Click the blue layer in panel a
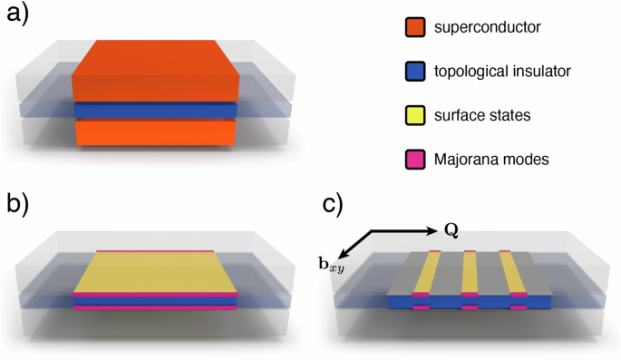[x=156, y=111]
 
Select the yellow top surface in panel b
[x=156, y=272]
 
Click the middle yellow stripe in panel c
[x=469, y=272]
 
